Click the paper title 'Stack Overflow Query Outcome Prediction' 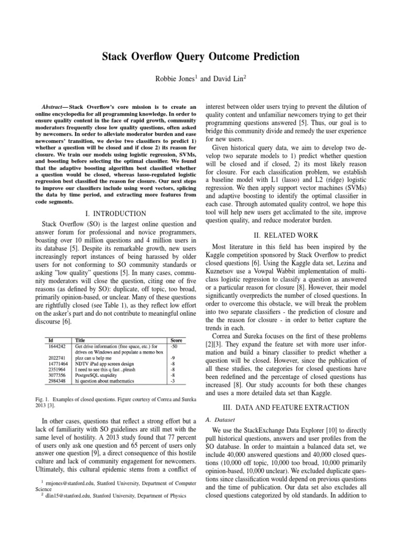coord(201,57)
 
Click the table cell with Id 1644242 coord(55,347)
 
